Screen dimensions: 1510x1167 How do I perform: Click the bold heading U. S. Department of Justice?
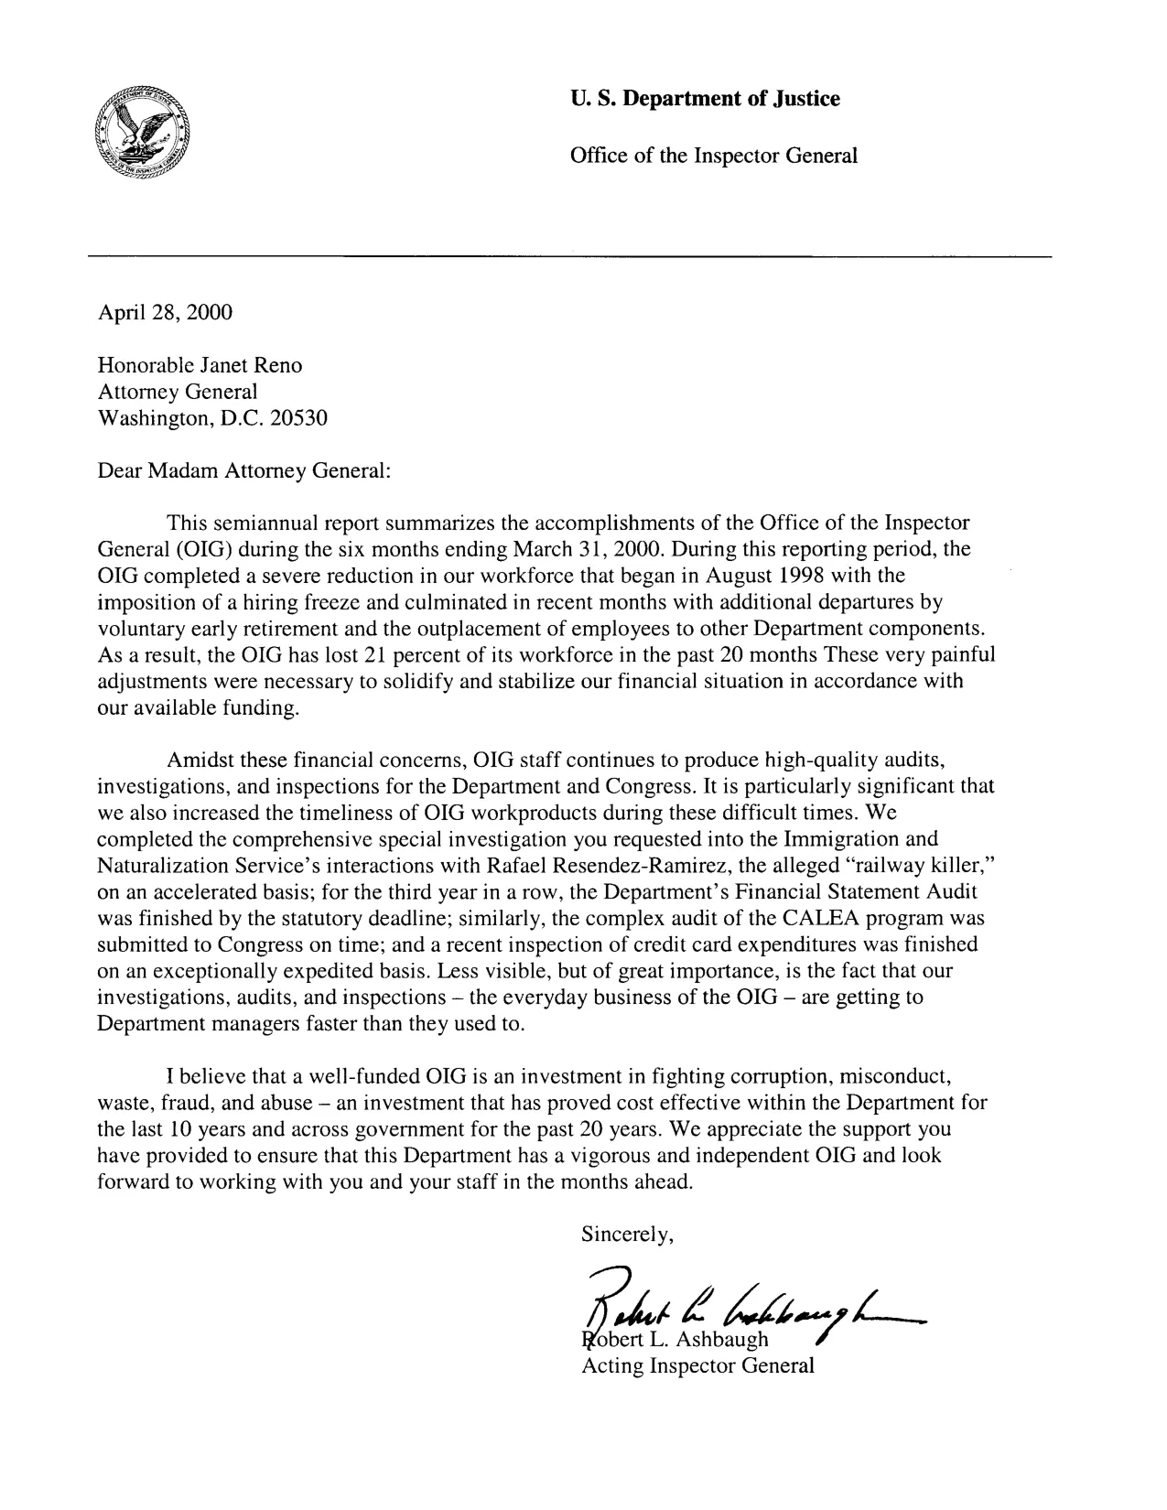click(x=704, y=99)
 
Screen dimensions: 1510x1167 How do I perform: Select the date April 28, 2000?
click(x=165, y=313)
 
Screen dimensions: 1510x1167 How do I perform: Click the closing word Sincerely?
click(x=628, y=1235)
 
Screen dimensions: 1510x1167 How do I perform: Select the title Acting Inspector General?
click(x=697, y=1367)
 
